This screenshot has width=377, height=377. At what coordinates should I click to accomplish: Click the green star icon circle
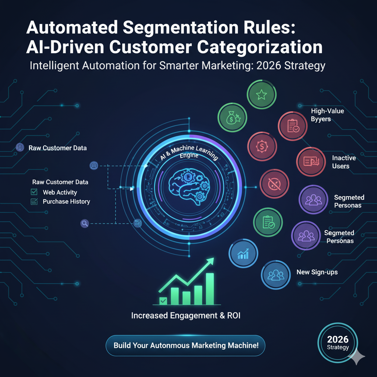pyautogui.click(x=261, y=95)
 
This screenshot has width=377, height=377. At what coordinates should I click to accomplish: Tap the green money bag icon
pyautogui.click(x=232, y=118)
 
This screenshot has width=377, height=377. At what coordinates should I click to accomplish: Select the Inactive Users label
pyautogui.click(x=343, y=162)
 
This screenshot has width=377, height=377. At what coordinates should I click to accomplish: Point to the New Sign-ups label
pyautogui.click(x=317, y=272)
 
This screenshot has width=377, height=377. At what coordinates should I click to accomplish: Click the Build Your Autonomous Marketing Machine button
pyautogui.click(x=186, y=345)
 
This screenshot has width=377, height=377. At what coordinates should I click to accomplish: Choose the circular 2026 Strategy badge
pyautogui.click(x=338, y=343)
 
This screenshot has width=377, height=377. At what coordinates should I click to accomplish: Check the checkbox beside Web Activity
pyautogui.click(x=34, y=192)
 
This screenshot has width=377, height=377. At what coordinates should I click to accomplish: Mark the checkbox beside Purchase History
pyautogui.click(x=34, y=201)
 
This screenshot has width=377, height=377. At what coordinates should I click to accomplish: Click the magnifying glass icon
pyautogui.click(x=85, y=223)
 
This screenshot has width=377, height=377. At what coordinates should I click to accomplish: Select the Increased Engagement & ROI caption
pyautogui.click(x=186, y=316)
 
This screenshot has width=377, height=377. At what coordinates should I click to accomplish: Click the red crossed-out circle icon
pyautogui.click(x=274, y=184)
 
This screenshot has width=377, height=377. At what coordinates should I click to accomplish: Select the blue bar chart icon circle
pyautogui.click(x=243, y=254)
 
